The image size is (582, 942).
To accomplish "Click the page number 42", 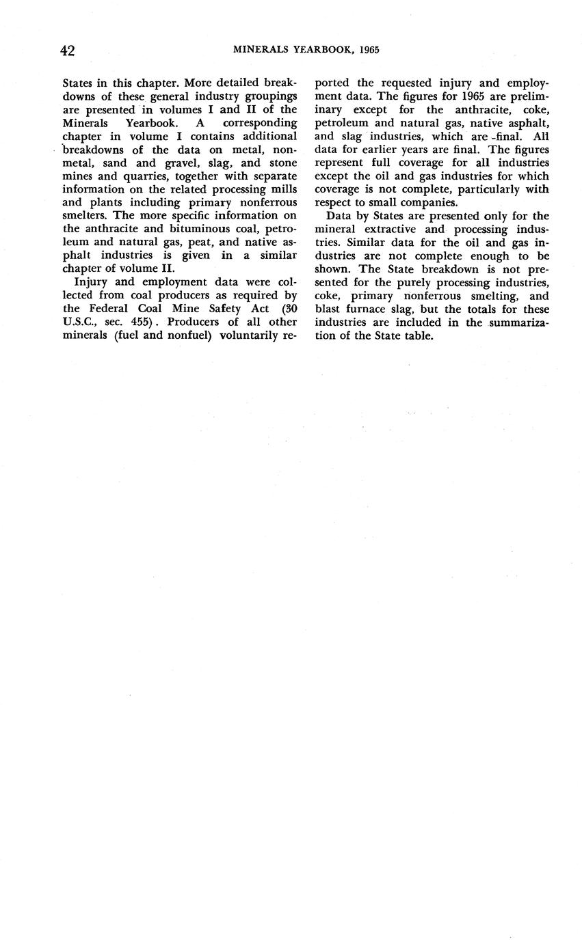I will [67, 51].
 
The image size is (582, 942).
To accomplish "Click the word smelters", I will [84, 216].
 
